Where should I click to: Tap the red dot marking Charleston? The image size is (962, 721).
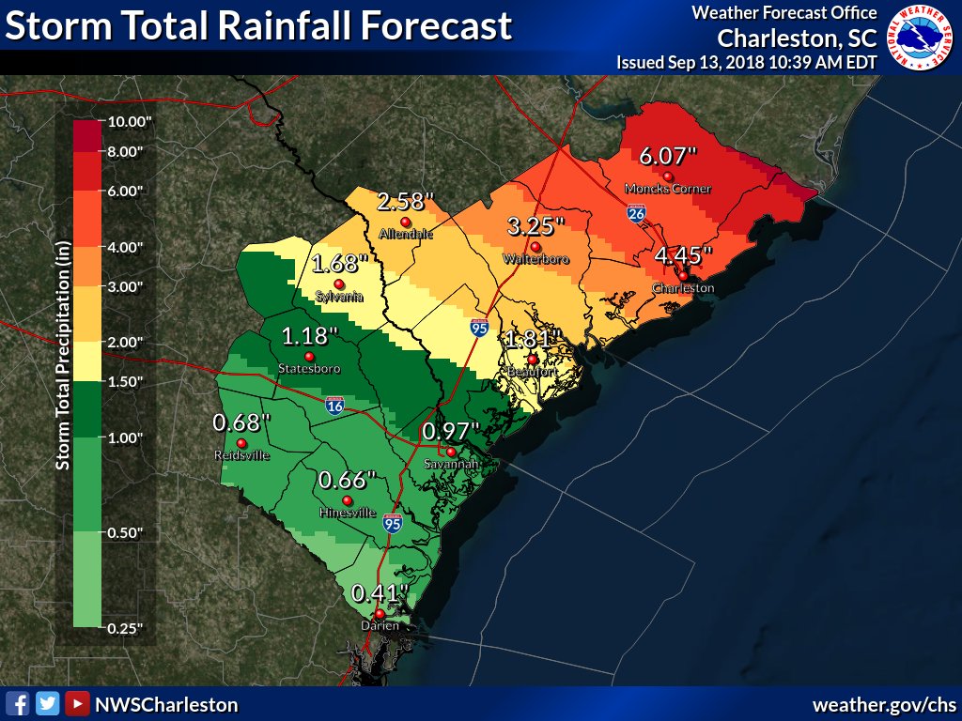point(683,275)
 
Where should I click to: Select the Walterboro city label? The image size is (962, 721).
point(535,258)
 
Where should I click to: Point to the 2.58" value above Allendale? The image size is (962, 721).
point(406,202)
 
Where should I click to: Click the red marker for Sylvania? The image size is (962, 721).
point(339,284)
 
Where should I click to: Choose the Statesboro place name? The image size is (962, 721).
point(309,369)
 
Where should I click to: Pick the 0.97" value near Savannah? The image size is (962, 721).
point(450,432)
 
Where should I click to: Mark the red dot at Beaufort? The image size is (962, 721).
point(532,359)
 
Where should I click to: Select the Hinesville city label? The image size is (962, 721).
point(348,513)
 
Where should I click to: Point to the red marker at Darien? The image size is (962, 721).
point(380,614)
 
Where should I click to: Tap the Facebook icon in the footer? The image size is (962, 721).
point(17,703)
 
